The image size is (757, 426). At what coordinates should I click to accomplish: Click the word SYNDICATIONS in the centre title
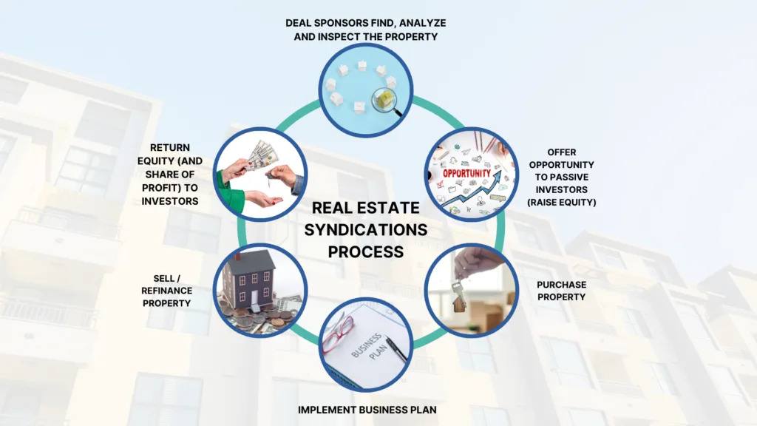point(366,230)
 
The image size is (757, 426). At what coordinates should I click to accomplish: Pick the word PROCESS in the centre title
point(366,252)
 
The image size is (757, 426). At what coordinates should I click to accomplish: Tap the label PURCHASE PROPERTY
point(562,291)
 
